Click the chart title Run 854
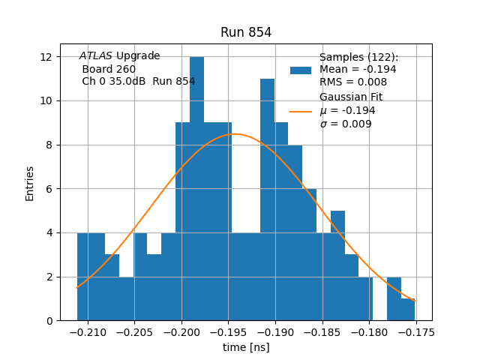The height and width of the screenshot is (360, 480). tap(246, 32)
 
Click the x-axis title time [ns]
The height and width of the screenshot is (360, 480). tap(246, 347)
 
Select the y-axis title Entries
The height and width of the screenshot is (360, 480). tap(30, 183)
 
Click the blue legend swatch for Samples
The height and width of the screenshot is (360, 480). tap(301, 70)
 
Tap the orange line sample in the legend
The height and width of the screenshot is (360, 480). tap(301, 111)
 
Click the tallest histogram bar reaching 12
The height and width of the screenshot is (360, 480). tap(196, 187)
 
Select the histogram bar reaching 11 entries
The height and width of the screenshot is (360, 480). tap(267, 199)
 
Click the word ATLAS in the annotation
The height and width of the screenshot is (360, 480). tap(96, 56)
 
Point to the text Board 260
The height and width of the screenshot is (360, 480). tap(109, 69)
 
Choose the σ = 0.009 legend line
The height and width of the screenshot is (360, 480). tap(346, 124)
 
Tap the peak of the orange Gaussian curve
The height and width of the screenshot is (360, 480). tap(235, 134)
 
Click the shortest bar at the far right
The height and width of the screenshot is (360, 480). tap(408, 310)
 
